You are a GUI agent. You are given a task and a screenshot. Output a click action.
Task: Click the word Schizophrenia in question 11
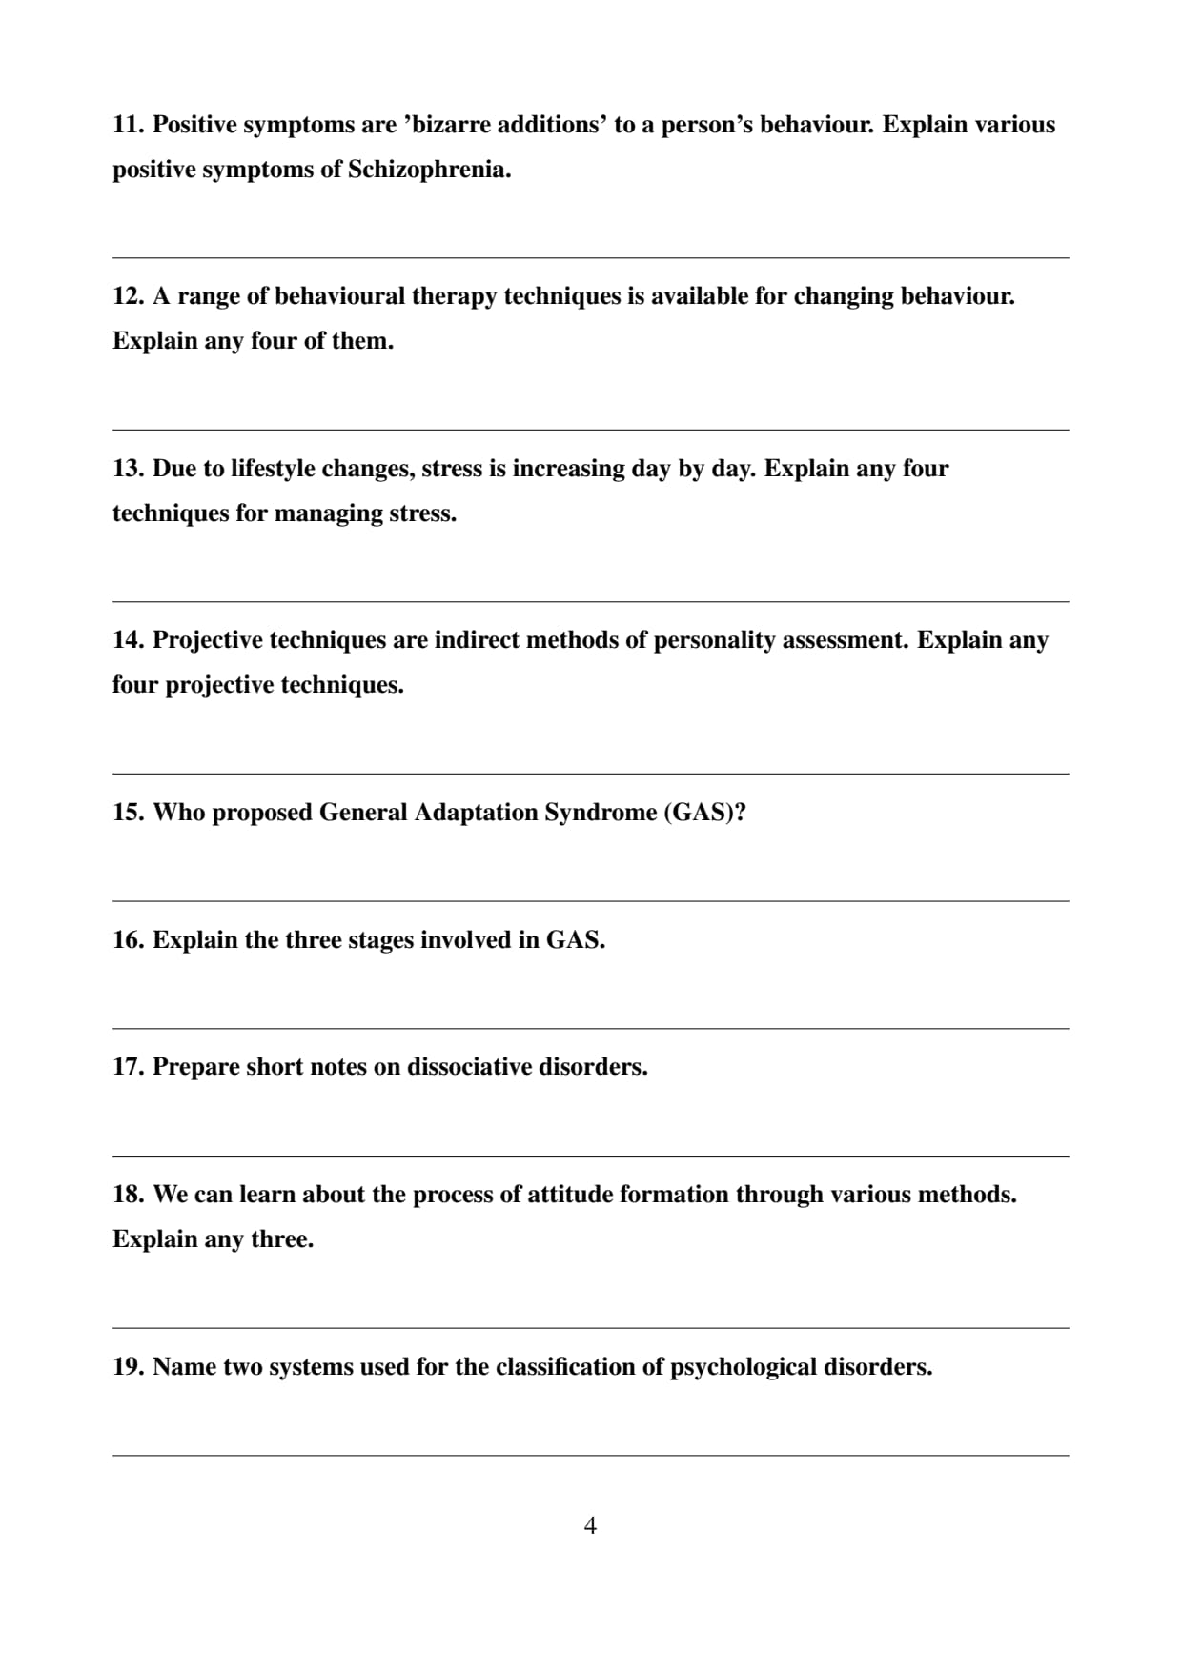(x=429, y=171)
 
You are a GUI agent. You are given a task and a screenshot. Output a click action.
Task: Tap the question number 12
(x=128, y=296)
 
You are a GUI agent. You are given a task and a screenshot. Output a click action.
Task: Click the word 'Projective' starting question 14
(x=207, y=640)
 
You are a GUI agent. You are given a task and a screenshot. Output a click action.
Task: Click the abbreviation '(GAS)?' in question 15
(x=704, y=813)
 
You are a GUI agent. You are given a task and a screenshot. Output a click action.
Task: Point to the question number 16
(x=128, y=940)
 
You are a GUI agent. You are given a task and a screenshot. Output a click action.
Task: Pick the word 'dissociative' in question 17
(x=469, y=1067)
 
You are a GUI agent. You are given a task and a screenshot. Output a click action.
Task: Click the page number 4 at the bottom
(x=590, y=1526)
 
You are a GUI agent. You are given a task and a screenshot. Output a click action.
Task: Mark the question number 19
(x=128, y=1367)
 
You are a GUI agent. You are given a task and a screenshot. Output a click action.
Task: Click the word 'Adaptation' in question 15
(x=476, y=813)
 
